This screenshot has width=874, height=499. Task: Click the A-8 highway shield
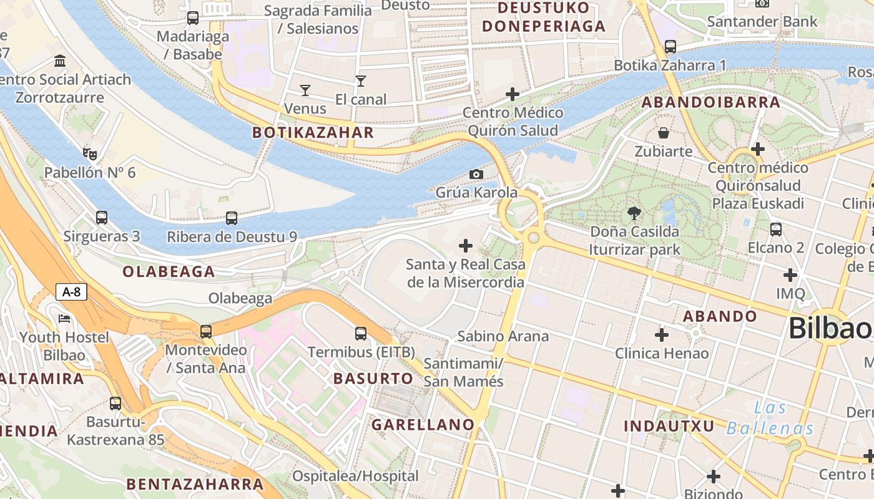point(72,292)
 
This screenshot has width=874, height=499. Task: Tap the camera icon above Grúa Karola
point(476,174)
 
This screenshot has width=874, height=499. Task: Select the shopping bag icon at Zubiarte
point(664,133)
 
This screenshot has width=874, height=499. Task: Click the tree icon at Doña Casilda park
point(634,213)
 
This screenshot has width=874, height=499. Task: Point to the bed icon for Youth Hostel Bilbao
point(64,319)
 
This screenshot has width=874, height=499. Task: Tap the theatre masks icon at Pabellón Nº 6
point(90,153)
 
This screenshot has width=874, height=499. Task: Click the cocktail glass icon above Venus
point(305,90)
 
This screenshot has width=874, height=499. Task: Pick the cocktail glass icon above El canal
point(361,80)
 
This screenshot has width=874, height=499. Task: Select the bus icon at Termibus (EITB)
point(361,334)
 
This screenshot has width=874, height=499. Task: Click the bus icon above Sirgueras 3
point(102,218)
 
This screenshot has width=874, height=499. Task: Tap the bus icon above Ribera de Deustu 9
point(232,218)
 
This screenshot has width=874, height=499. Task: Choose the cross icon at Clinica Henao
point(662,335)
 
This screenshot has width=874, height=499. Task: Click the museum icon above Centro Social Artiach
point(61,61)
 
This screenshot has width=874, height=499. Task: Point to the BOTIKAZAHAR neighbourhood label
point(313,132)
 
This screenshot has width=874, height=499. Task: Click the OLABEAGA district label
point(169,271)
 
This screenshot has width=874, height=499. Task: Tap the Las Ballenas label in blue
point(770,419)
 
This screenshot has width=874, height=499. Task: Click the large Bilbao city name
point(830,328)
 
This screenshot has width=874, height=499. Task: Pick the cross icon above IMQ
point(790,275)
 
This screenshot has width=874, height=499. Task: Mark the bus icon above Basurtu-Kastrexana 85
point(115,404)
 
